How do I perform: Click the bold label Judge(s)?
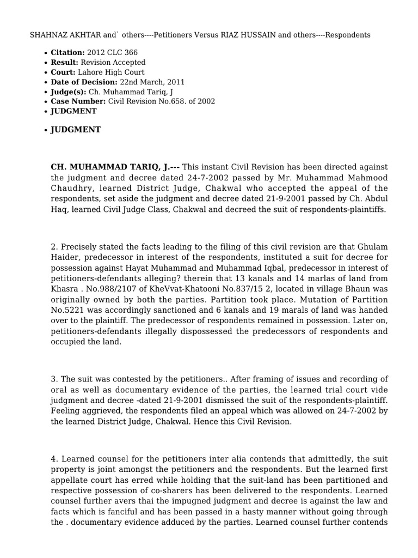click(x=68, y=92)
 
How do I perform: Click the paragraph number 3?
click(x=53, y=379)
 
